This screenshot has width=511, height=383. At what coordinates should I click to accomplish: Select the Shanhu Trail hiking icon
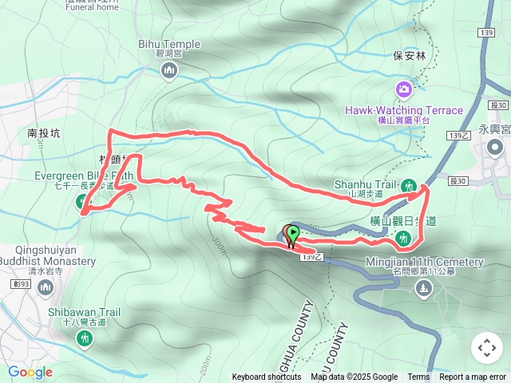tap(410, 186)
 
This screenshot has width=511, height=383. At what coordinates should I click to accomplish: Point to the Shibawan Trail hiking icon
tap(85, 338)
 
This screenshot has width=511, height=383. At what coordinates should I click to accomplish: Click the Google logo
tap(30, 372)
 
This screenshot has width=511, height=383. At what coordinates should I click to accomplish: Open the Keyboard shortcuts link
tap(267, 377)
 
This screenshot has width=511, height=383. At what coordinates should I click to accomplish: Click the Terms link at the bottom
tap(418, 377)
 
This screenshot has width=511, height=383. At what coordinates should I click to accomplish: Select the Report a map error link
tap(473, 377)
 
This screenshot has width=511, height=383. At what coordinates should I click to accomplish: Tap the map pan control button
tap(486, 348)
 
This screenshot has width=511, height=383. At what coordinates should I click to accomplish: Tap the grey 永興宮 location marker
tap(495, 148)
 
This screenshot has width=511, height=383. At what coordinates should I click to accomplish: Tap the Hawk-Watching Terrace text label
tap(404, 110)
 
